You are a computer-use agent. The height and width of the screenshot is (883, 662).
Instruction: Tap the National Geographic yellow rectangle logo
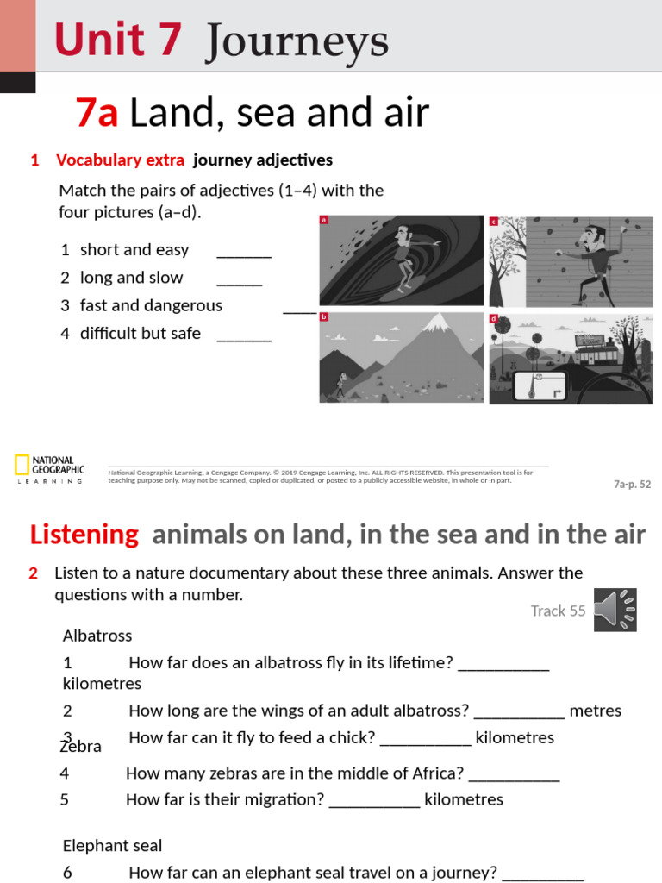[x=22, y=465]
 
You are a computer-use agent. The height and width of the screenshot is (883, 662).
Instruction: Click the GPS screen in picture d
[x=539, y=385]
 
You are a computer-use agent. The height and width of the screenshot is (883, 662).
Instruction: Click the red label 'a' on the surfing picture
[x=324, y=220]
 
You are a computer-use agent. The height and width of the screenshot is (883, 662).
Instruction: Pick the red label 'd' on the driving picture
[x=494, y=318]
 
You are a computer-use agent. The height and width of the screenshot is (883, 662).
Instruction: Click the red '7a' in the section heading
[x=97, y=113]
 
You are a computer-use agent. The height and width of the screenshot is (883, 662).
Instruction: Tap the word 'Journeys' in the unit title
[x=297, y=41]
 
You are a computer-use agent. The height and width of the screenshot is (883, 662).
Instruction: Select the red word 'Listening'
[x=84, y=535]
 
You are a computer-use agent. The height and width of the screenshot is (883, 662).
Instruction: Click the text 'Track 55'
[x=558, y=611]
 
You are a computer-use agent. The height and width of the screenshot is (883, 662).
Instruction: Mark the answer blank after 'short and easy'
[x=244, y=251]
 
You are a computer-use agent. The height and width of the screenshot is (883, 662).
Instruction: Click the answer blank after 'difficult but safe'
[x=244, y=335]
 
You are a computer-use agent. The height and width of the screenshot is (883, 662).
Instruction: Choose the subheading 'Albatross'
[x=97, y=636]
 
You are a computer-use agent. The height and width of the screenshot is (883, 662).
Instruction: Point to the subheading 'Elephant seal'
[x=112, y=846]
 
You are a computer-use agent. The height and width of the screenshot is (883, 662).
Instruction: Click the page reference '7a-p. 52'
[x=632, y=485]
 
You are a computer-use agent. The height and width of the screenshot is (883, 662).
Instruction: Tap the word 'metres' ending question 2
[x=596, y=711]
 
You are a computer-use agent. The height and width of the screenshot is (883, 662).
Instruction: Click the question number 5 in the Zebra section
[x=65, y=799]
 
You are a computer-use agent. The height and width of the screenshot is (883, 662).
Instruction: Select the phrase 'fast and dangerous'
[x=151, y=305]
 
